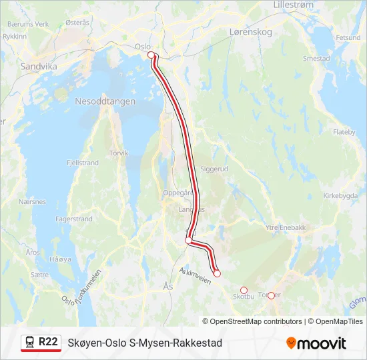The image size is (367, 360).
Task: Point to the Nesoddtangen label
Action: pos(105,101)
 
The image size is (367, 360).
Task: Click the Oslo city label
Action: pos(143,47)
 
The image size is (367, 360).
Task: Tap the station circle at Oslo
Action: pos(151,55)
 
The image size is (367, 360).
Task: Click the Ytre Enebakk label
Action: pos(286,227)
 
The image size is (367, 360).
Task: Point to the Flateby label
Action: pos(344,132)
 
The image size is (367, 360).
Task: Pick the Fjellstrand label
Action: pos(83,163)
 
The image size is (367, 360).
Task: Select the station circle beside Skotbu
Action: pos(244,290)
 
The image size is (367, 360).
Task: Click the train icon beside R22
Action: pos(30,343)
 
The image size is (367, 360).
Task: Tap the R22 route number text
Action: pos(48,342)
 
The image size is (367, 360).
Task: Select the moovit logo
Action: pos(316,343)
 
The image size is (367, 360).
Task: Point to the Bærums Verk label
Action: pos(28,23)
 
